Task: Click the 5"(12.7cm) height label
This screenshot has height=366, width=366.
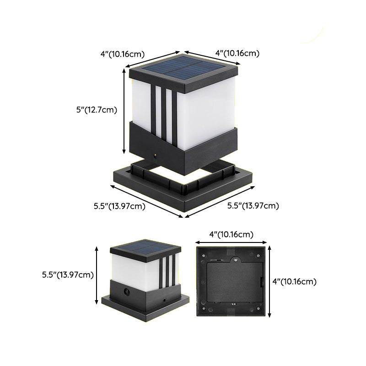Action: (97, 110)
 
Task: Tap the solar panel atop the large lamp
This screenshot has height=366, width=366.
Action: (183, 67)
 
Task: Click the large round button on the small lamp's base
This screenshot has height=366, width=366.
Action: (127, 291)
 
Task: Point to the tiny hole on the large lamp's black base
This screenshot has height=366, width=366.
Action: (155, 155)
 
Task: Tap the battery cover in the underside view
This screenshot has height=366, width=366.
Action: (235, 281)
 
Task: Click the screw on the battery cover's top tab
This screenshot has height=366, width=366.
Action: (236, 259)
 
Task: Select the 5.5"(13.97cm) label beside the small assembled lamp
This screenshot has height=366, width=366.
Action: (68, 275)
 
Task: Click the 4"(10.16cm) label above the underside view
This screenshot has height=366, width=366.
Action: (231, 234)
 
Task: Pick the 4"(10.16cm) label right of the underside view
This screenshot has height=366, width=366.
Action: (294, 281)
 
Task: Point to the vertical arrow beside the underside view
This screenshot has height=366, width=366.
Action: (269, 281)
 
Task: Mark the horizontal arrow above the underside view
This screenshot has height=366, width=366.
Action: (231, 242)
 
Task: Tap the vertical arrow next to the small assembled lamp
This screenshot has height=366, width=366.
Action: (97, 275)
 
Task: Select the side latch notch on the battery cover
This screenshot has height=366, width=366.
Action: (262, 282)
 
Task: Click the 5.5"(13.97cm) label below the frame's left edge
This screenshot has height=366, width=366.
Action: (119, 206)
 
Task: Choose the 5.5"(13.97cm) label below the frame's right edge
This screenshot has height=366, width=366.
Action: (253, 205)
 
